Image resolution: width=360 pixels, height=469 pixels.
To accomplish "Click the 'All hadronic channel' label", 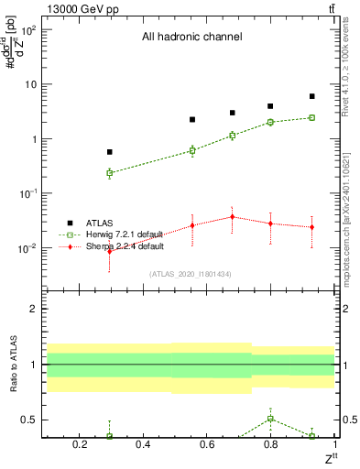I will coord(191,38).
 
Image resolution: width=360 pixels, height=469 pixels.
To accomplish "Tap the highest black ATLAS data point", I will coord(312,96).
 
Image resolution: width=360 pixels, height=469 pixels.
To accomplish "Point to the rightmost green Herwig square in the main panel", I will coord(312,117).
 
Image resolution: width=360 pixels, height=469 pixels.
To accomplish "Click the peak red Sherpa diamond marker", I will coord(233,217).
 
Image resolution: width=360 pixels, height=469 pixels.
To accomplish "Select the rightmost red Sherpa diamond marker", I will coord(312,227).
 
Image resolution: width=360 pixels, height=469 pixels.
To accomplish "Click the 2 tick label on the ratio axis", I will coord(36,310).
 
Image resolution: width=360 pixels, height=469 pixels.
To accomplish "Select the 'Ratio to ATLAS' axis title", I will coord(13,365).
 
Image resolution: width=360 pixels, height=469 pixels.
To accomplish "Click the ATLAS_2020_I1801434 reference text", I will coord(191,274).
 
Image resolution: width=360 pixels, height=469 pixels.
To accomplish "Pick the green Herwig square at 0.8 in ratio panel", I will coord(270,419).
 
